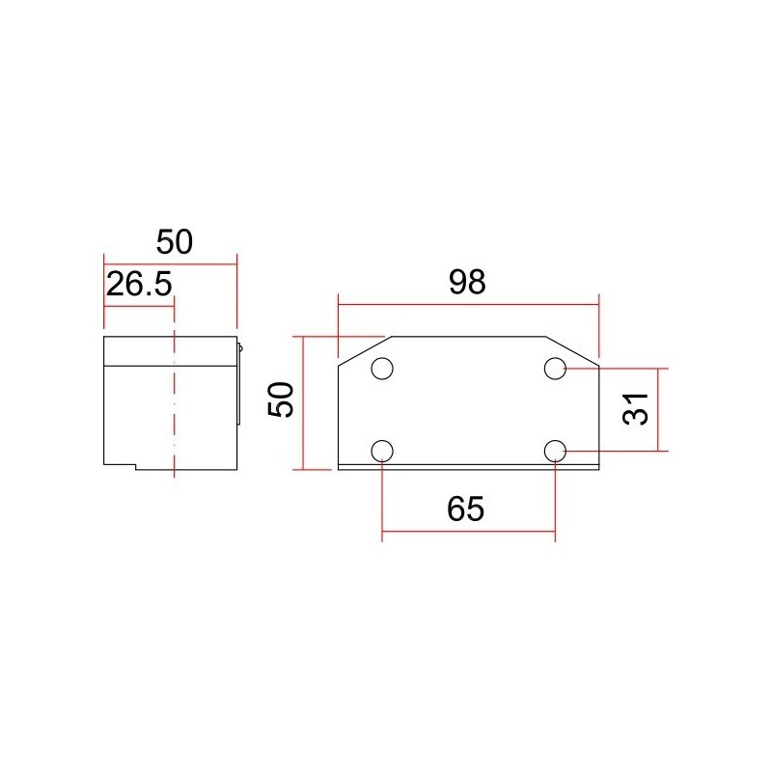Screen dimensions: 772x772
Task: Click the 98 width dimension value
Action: point(468,282)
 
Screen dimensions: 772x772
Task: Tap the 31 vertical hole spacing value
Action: point(634,410)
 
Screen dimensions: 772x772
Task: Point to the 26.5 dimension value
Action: point(138,285)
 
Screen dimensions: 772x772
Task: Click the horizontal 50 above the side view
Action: point(175,241)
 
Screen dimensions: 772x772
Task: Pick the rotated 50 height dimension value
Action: point(281,400)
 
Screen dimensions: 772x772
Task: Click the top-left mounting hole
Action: point(382,369)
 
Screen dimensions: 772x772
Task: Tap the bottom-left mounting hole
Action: point(382,451)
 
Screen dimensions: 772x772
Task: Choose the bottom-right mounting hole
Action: point(555,451)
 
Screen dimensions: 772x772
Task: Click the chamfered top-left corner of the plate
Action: point(362,350)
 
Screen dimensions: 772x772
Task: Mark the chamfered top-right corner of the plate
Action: point(573,350)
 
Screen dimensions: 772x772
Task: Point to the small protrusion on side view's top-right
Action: point(239,345)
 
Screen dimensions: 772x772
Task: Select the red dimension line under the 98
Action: point(468,303)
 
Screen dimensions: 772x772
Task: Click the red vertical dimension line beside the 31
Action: point(659,410)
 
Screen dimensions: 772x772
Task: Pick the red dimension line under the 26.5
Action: point(138,307)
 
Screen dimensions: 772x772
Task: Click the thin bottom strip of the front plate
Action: point(468,467)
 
